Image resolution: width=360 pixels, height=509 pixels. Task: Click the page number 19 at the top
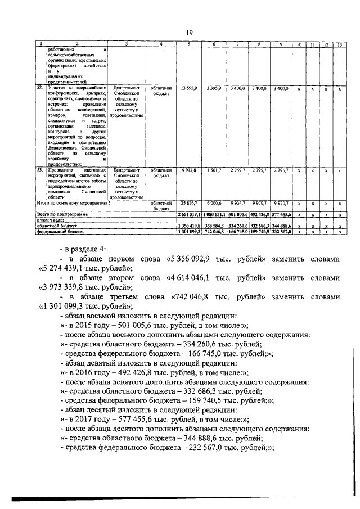click(x=190, y=32)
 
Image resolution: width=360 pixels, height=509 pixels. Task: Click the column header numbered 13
click(x=340, y=44)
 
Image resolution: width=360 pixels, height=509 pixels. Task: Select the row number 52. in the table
click(x=40, y=88)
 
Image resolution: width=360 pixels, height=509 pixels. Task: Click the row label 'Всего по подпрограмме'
click(x=60, y=215)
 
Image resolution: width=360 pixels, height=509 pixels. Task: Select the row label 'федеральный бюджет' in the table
click(x=61, y=231)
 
